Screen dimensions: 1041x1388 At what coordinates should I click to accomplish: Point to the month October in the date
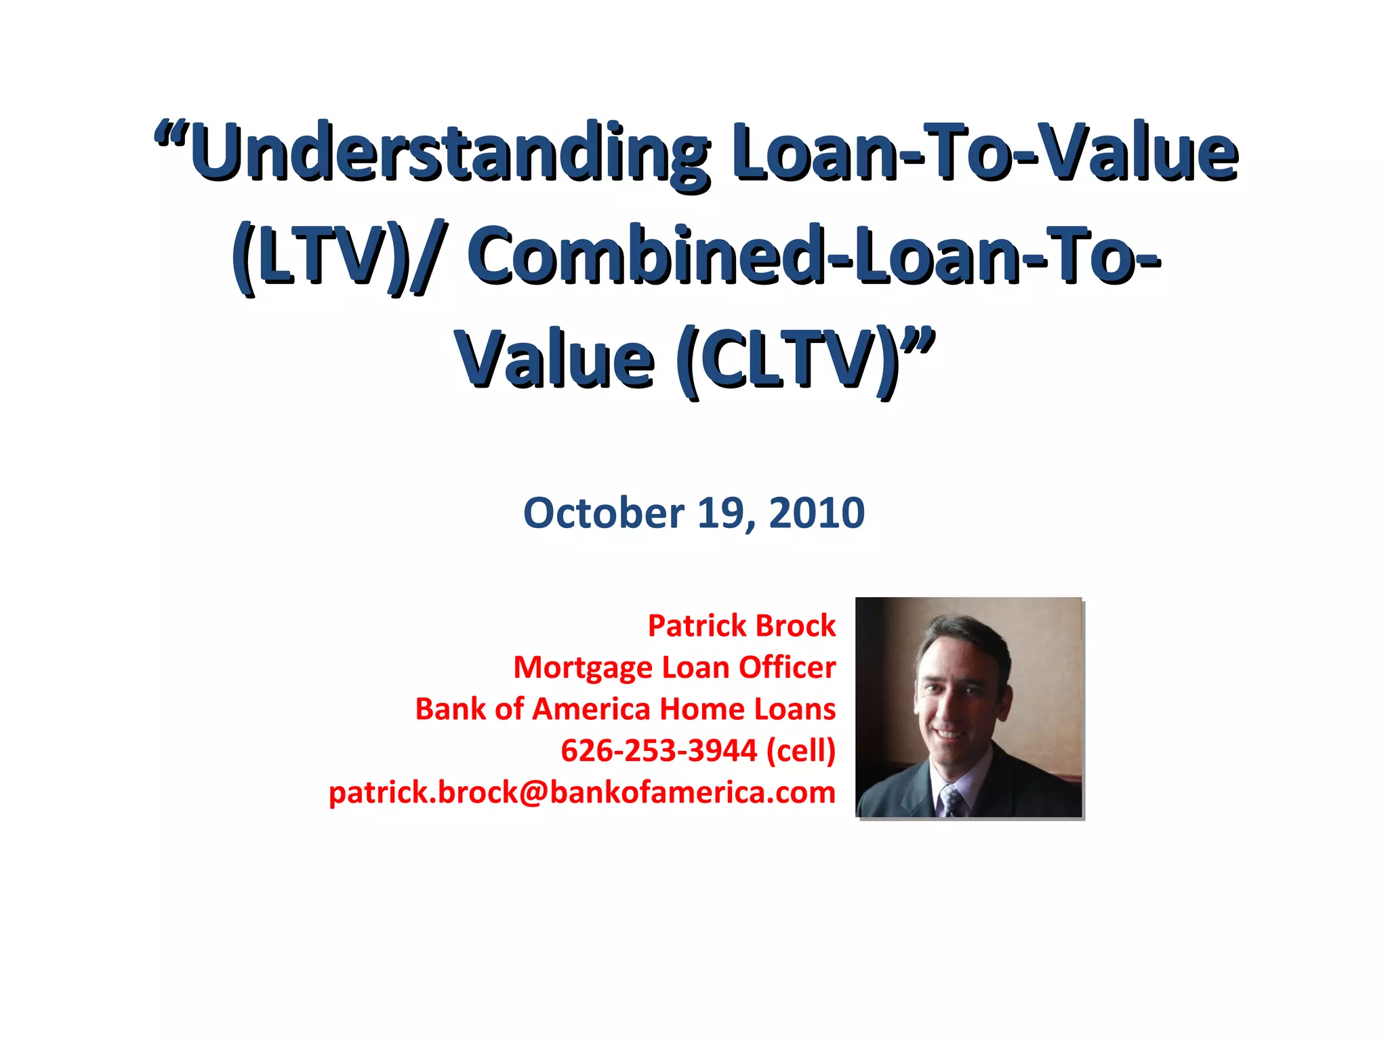coord(603,513)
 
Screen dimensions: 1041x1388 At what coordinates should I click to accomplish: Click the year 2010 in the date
coord(817,513)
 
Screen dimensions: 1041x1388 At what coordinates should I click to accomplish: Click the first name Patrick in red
coord(697,626)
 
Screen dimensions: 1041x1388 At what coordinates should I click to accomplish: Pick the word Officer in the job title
coord(787,668)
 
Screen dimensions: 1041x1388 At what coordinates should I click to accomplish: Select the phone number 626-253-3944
coord(659,751)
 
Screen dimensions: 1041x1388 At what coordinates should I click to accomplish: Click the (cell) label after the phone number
coord(801,751)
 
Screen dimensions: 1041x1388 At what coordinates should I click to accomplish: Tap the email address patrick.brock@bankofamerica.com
coord(581,792)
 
